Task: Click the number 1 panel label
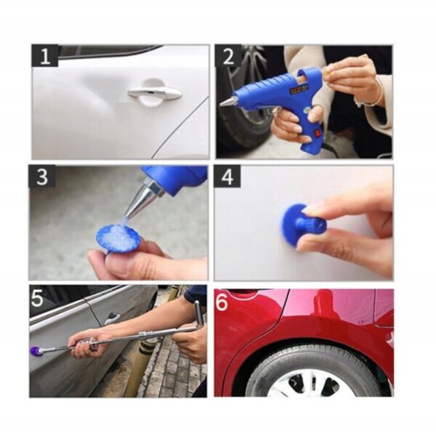[x=45, y=56]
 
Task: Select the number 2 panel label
[x=228, y=56]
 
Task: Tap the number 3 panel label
[x=41, y=177]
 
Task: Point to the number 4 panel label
[x=227, y=177]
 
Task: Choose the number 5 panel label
[x=37, y=297]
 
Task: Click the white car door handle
[x=155, y=94]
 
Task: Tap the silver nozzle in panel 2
[x=230, y=101]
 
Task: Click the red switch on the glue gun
[x=316, y=133]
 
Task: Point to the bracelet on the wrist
[x=373, y=94]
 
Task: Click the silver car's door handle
[x=112, y=318]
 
